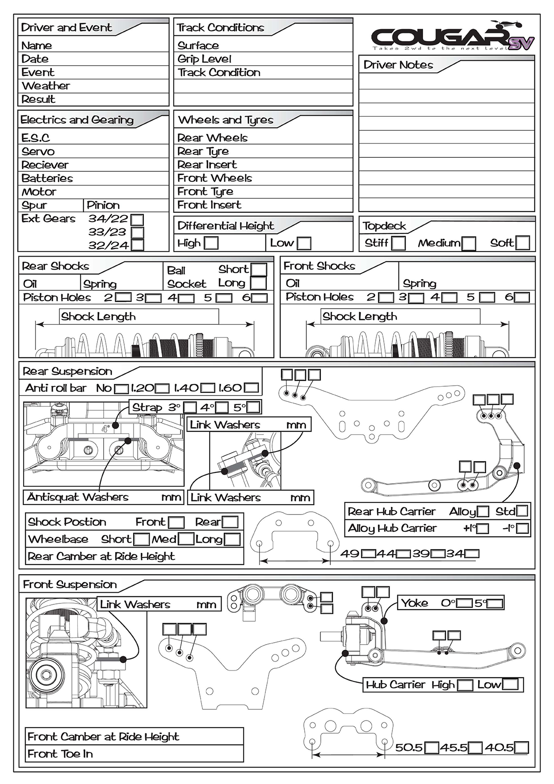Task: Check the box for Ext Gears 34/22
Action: (x=138, y=219)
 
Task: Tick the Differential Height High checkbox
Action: (x=211, y=243)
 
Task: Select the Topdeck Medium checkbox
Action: (x=469, y=243)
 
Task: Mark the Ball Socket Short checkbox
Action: (x=259, y=270)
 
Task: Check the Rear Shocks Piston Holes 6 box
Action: (x=260, y=298)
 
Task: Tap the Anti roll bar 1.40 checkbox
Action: (x=208, y=388)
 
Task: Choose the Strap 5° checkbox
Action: (x=253, y=407)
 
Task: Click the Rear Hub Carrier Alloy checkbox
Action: (x=483, y=511)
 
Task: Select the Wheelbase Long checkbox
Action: (x=232, y=539)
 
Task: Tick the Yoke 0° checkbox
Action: (x=464, y=603)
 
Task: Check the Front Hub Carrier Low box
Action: (x=510, y=684)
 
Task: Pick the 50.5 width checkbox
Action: (x=432, y=747)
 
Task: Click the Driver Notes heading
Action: (x=398, y=65)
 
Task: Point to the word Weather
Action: (x=46, y=86)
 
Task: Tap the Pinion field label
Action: (x=103, y=205)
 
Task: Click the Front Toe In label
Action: (x=60, y=754)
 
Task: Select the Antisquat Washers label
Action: (x=78, y=497)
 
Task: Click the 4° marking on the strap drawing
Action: (x=105, y=429)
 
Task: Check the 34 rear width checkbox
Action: (x=474, y=554)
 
